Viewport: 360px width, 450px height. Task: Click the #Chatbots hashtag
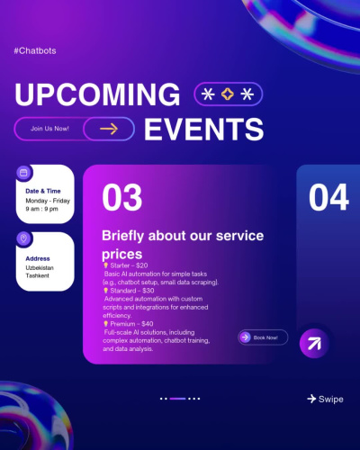[35, 50]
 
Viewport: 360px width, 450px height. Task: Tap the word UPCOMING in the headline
[97, 94]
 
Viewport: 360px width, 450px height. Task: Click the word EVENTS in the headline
[204, 129]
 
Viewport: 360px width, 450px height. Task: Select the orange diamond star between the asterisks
[228, 94]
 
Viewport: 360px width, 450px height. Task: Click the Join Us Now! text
[49, 129]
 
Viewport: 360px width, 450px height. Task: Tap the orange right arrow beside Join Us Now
[109, 129]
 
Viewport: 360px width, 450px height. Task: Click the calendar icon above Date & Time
[23, 173]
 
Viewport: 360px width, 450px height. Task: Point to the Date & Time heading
[43, 191]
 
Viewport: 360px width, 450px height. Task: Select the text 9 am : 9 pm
[41, 209]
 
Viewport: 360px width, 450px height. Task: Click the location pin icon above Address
[23, 238]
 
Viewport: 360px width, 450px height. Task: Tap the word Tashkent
[37, 275]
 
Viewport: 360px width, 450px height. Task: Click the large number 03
[121, 197]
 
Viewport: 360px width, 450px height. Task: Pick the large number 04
[328, 197]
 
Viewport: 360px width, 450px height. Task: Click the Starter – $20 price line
[126, 265]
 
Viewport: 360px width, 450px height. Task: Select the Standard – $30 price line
[129, 291]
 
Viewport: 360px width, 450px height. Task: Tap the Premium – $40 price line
[128, 324]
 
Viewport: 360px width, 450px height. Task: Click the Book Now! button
[263, 337]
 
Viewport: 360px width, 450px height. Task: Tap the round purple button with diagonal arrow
[314, 344]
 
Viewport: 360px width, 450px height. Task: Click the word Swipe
[331, 400]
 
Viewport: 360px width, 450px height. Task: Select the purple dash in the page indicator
[177, 399]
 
